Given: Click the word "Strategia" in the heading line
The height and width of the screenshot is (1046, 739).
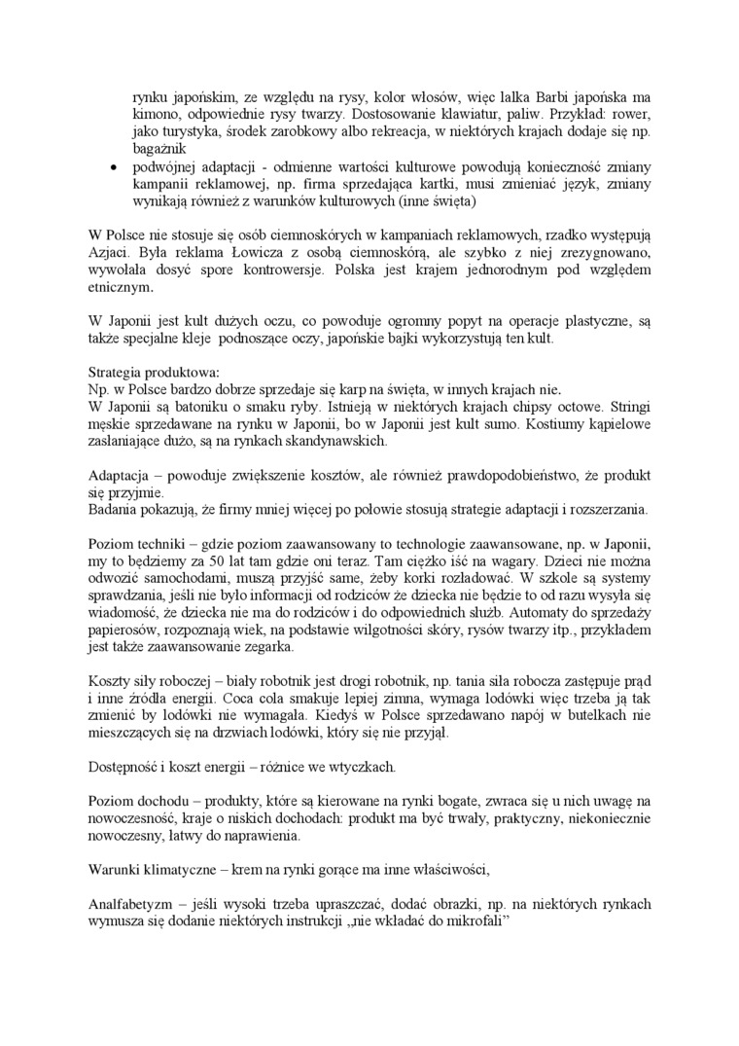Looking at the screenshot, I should (x=117, y=372).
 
